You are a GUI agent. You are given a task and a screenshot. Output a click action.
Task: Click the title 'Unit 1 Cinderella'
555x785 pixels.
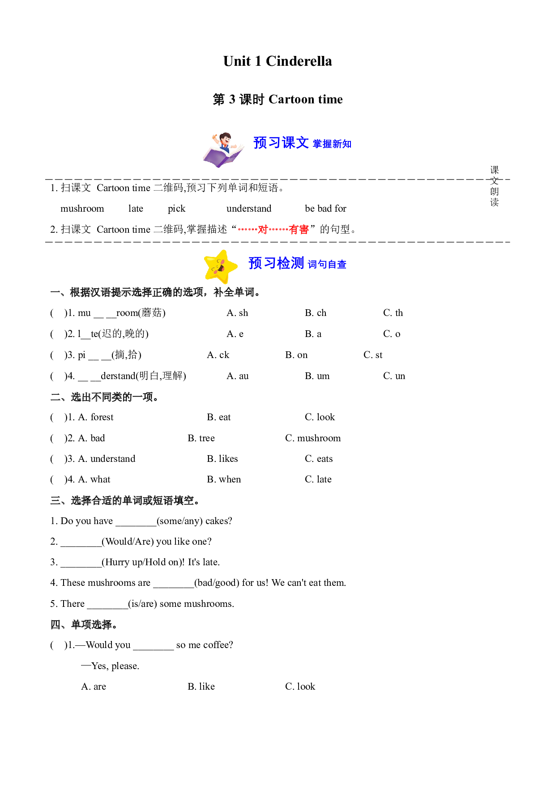tap(277, 61)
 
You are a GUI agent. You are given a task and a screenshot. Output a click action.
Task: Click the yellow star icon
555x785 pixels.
tap(220, 267)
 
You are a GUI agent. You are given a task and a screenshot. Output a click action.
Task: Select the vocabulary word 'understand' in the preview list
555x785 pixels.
tap(249, 209)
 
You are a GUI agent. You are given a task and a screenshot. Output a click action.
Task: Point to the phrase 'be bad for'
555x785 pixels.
tap(325, 209)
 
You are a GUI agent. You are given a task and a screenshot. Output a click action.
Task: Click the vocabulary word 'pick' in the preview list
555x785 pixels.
tap(176, 209)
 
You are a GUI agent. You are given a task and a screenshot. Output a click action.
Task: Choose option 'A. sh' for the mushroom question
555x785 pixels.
tap(237, 313)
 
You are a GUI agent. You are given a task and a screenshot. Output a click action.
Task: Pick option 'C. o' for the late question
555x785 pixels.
tap(392, 334)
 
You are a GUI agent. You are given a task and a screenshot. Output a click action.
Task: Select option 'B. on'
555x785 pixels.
tap(296, 355)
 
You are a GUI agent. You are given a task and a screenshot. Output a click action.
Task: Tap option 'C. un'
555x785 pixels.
tap(394, 376)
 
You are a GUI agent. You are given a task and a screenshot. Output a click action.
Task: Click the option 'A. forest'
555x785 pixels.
tap(96, 417)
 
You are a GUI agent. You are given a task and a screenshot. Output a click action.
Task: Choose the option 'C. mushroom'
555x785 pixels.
tap(313, 438)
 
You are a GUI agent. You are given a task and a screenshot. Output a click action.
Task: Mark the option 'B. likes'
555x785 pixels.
tap(222, 459)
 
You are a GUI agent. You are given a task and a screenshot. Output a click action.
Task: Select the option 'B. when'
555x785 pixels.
tap(224, 479)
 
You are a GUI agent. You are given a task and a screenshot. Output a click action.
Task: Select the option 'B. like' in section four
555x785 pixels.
tap(201, 687)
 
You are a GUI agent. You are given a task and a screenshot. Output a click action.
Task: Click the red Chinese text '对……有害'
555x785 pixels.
tap(273, 230)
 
